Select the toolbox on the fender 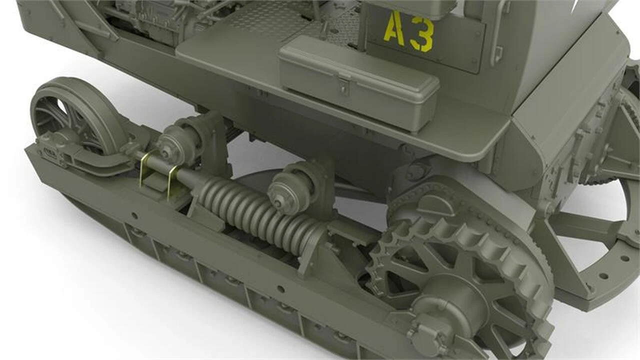click(358, 84)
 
